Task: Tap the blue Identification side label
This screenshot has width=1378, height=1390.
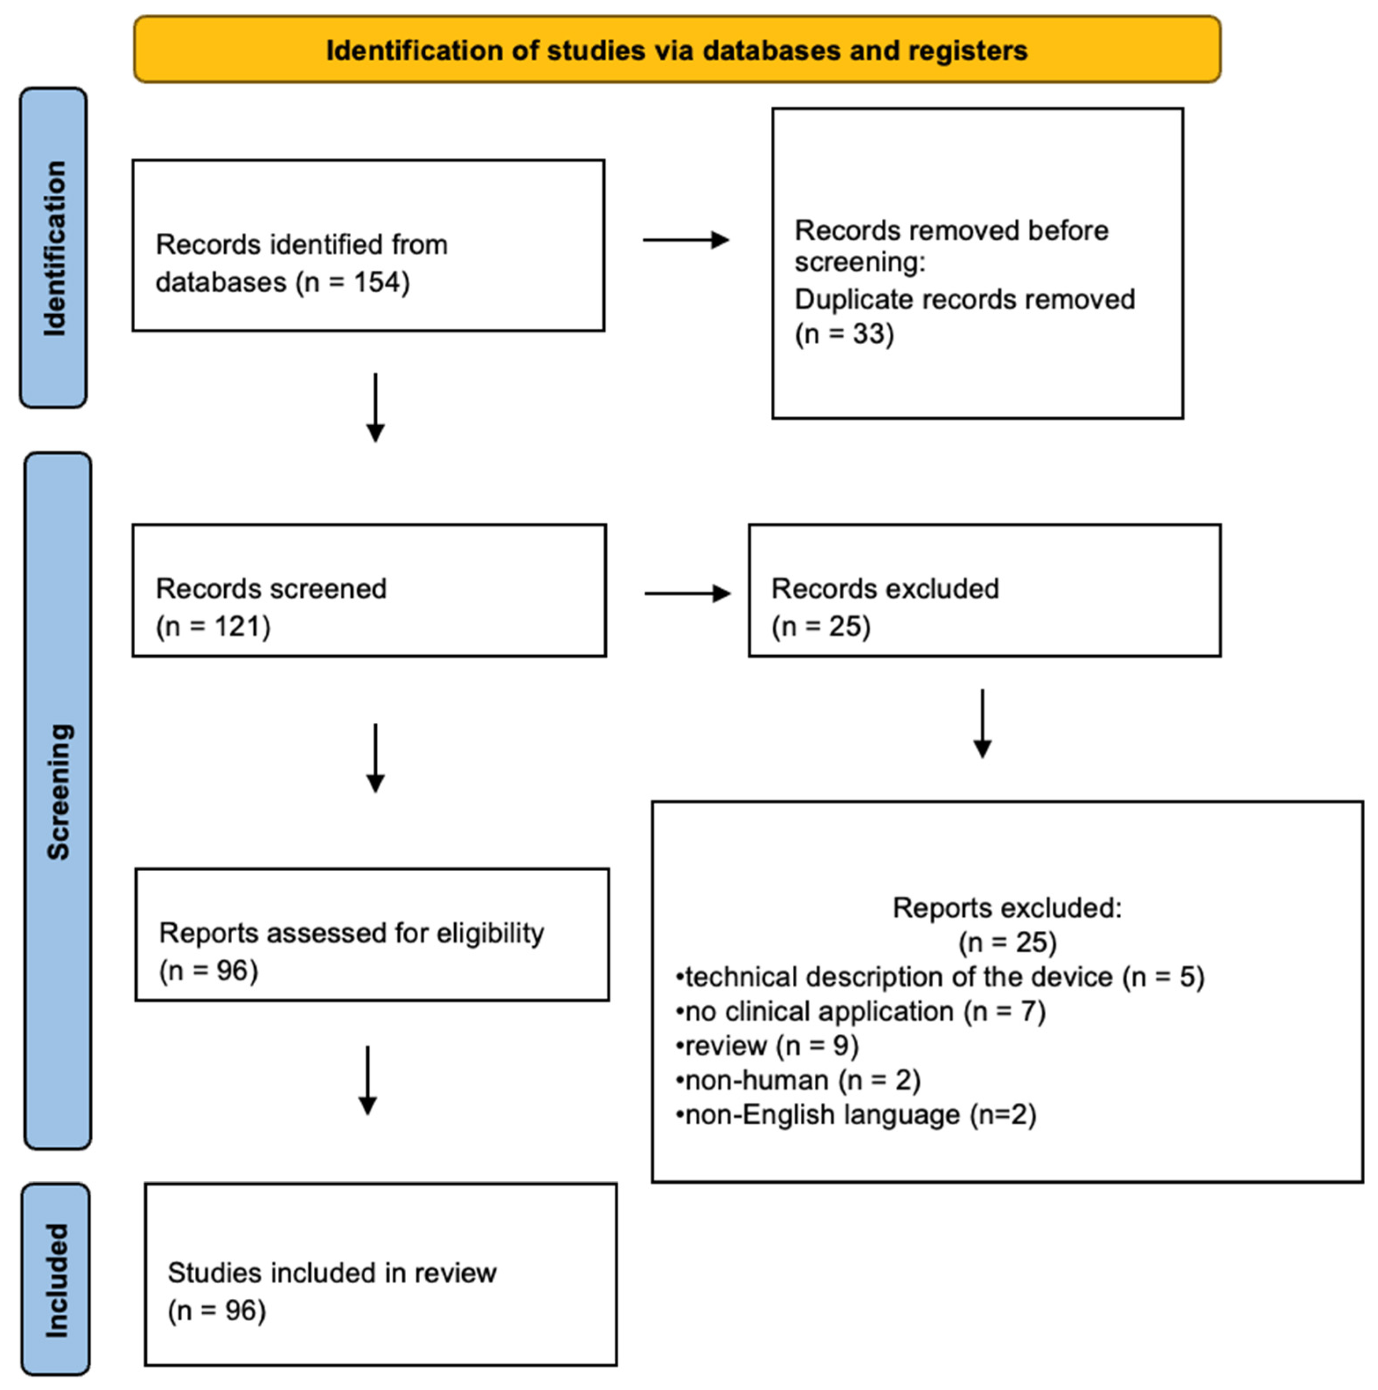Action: pos(54,248)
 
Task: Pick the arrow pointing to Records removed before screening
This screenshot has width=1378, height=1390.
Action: pos(686,240)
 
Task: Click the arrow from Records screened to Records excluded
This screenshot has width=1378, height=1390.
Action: pos(687,594)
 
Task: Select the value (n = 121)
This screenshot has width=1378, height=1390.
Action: pos(213,627)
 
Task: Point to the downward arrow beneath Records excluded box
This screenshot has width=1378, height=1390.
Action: pos(982,723)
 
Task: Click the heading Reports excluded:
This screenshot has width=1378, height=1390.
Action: pos(1007,908)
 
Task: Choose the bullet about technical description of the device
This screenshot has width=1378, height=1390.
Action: pos(939,977)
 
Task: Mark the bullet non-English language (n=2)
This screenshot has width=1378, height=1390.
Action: pos(856,1115)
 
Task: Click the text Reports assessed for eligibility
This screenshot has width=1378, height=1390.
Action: pos(351,933)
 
